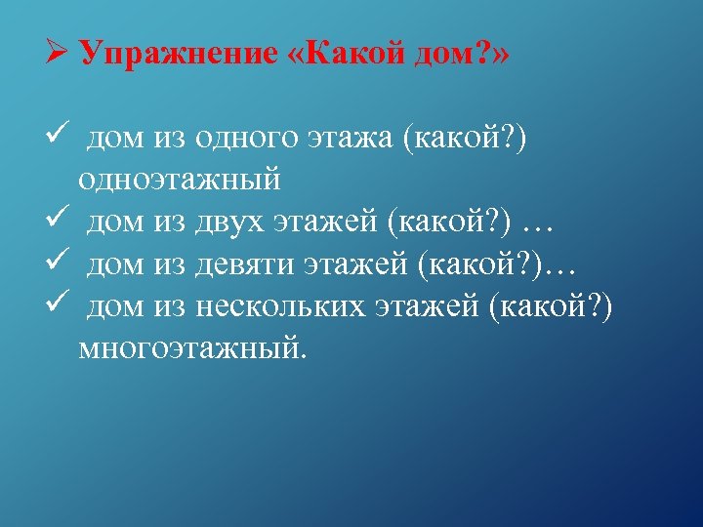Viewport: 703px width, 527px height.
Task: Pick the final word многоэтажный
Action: tap(192, 348)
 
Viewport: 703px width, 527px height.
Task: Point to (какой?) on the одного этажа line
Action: tap(465, 142)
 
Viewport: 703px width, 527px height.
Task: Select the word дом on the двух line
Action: tap(115, 224)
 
